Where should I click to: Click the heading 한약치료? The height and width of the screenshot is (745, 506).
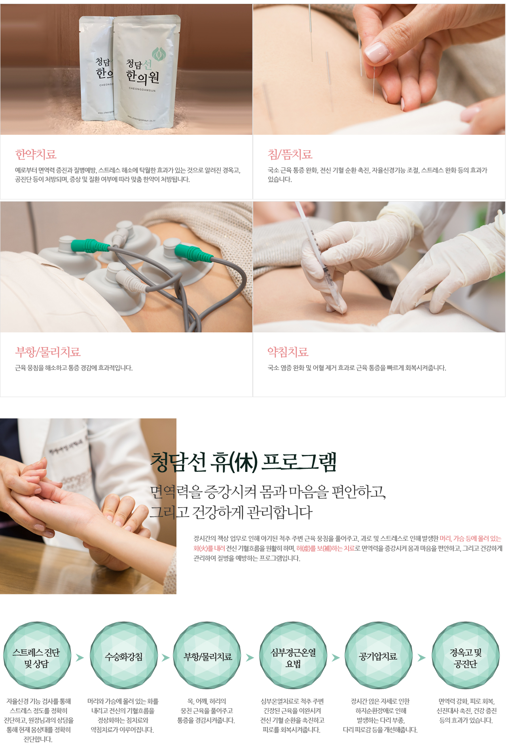pos(36,155)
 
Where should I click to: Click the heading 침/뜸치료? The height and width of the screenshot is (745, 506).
pos(290,155)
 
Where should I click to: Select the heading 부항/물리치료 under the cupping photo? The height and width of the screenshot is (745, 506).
pos(48,352)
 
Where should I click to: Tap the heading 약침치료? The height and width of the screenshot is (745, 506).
pos(288,352)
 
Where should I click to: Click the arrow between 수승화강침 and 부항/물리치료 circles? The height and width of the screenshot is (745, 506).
pos(166,658)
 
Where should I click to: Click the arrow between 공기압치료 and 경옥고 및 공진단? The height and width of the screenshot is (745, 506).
pos(422,658)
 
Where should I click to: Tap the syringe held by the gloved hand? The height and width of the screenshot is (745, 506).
pos(318,253)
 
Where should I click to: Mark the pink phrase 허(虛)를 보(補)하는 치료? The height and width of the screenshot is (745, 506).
pos(325,549)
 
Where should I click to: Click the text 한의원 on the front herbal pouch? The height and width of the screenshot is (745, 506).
pos(142,76)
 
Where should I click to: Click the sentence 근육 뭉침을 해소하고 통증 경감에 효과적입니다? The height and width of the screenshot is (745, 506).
pos(74,368)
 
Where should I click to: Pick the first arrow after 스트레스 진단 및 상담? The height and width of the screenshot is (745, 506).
pos(80,658)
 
